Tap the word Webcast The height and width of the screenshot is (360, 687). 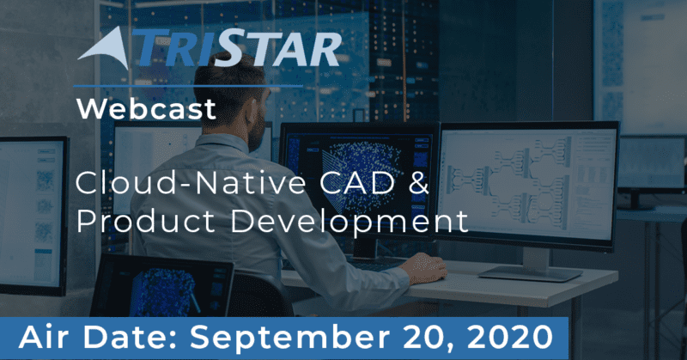point(146,109)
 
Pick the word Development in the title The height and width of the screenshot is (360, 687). point(350,222)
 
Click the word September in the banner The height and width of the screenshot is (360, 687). point(289,338)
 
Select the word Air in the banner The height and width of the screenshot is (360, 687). point(46,337)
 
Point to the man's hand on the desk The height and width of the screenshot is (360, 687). point(423,268)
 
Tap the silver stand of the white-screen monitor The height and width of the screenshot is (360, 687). point(531,265)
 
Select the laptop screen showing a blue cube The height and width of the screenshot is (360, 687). point(161,285)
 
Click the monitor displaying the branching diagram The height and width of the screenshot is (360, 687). point(528,184)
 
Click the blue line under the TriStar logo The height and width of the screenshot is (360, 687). point(188,86)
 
